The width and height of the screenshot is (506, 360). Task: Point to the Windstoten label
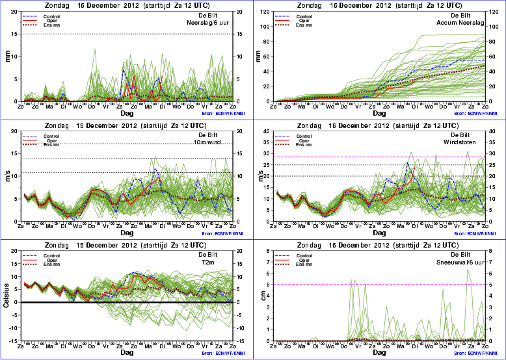(470, 142)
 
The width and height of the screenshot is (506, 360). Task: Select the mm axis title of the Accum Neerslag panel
(262, 55)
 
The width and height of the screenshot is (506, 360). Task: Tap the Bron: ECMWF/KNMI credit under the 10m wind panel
(218, 233)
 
